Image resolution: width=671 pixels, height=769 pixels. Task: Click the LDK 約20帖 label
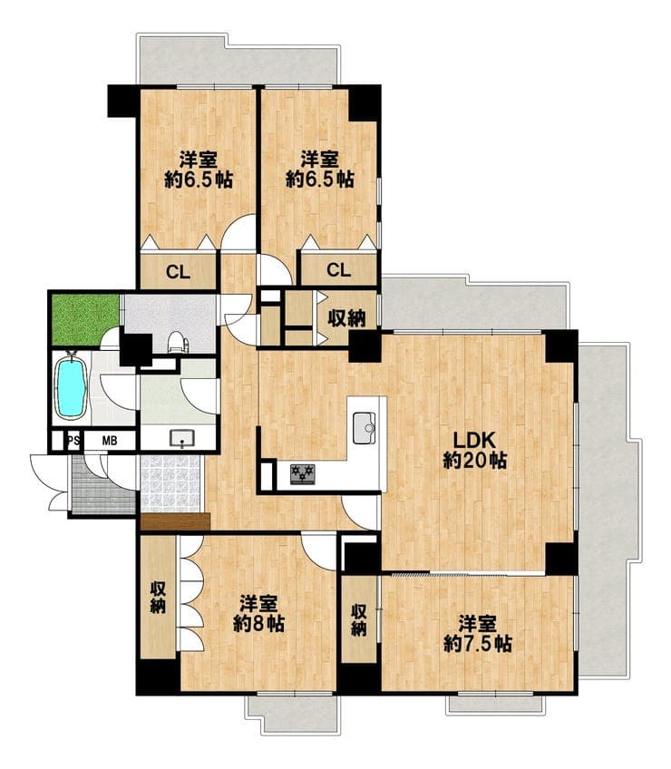pos(475,450)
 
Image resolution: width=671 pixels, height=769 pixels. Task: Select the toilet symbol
pos(178,342)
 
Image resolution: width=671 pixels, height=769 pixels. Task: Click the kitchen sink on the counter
pos(364,427)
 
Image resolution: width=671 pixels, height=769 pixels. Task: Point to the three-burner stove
pos(302,474)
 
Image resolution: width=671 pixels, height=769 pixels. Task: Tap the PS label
pos(73,441)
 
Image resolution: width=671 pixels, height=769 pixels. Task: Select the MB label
pos(110,441)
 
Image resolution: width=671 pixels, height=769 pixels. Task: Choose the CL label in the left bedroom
pos(178,271)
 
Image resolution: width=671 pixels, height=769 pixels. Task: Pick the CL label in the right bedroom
pos(338,269)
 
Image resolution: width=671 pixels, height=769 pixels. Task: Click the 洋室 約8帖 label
pos(258,613)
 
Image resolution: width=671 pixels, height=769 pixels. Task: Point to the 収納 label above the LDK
pos(346,319)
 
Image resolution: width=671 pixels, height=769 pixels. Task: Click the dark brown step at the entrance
pos(175,521)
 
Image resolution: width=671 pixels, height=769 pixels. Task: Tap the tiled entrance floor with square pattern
pos(170,484)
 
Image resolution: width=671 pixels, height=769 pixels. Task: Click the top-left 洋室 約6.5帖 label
pos(199,170)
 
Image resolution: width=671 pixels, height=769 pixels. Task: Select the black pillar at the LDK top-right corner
pos(562,346)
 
